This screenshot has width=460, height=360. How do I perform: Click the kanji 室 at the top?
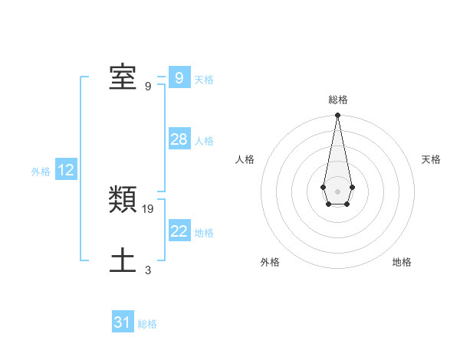pyautogui.click(x=123, y=77)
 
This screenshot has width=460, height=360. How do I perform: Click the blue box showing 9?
pyautogui.click(x=179, y=78)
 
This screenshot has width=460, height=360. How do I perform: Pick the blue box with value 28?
pyautogui.click(x=179, y=139)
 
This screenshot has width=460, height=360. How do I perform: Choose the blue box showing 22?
pyautogui.click(x=179, y=231)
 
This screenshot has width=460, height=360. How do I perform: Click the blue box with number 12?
pyautogui.click(x=65, y=170)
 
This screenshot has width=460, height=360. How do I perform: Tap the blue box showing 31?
pyautogui.click(x=122, y=322)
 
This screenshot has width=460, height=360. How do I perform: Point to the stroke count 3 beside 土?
pyautogui.click(x=148, y=270)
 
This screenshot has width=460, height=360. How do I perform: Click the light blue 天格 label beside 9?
pyautogui.click(x=204, y=80)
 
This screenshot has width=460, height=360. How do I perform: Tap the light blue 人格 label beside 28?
pyautogui.click(x=204, y=141)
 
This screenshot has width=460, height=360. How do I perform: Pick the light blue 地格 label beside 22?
pyautogui.click(x=204, y=233)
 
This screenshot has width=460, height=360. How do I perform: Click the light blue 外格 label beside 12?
pyautogui.click(x=41, y=172)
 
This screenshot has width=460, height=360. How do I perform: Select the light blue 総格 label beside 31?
pyautogui.click(x=147, y=324)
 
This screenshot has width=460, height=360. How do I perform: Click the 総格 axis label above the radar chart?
pyautogui.click(x=337, y=100)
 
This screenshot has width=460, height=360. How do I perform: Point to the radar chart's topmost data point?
pyautogui.click(x=337, y=116)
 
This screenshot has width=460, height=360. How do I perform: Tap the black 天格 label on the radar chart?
pyautogui.click(x=432, y=159)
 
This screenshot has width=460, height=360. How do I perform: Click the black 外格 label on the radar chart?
pyautogui.click(x=270, y=262)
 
